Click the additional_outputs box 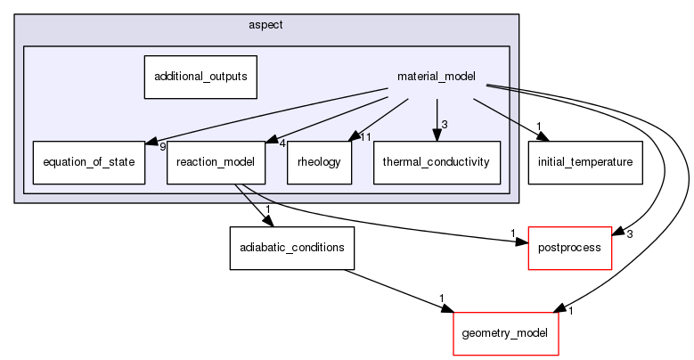(x=200, y=77)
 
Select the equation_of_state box (x=88, y=162)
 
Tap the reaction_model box (x=216, y=162)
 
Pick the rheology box (x=319, y=162)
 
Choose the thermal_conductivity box (x=436, y=162)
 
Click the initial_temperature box (x=585, y=162)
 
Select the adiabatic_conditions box (x=292, y=247)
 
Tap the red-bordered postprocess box (x=571, y=247)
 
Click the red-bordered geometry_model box (x=506, y=333)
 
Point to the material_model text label (x=437, y=77)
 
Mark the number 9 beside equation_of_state (x=163, y=147)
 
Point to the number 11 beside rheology (x=365, y=137)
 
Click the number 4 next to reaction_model (x=282, y=143)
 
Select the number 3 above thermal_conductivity (x=445, y=124)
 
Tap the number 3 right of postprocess (x=629, y=234)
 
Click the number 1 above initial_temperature (x=539, y=126)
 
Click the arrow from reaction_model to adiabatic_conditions (x=251, y=205)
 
